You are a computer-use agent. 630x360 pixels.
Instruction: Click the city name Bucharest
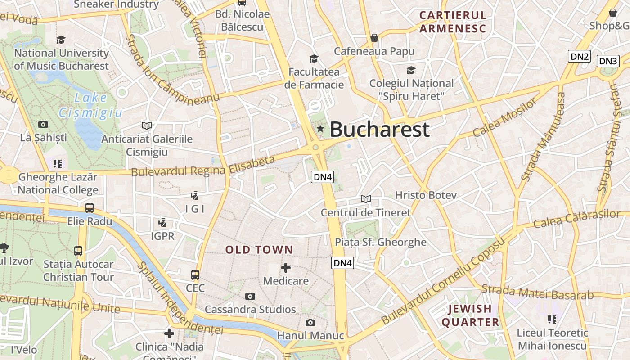click(379, 130)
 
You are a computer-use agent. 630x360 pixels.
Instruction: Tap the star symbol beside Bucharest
click(320, 129)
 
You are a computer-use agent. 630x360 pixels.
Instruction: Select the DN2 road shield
click(579, 56)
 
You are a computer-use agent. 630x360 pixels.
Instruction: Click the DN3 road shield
click(608, 61)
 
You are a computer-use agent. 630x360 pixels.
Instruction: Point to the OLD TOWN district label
click(259, 250)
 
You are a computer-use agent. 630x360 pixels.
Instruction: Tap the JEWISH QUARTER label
click(470, 315)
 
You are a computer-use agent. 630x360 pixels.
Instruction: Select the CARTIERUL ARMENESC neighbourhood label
click(453, 22)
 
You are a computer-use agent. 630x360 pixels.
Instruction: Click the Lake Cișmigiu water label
click(90, 105)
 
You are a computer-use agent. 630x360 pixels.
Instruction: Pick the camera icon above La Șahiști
click(43, 124)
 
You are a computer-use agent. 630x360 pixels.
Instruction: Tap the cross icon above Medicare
click(285, 268)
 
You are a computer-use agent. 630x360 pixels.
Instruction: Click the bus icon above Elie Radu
click(90, 208)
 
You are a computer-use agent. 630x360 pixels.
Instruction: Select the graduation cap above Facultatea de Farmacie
click(314, 58)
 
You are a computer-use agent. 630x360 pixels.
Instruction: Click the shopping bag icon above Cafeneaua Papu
click(374, 38)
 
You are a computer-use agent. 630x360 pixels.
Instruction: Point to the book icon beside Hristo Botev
click(366, 198)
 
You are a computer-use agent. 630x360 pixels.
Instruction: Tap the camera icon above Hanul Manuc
click(310, 322)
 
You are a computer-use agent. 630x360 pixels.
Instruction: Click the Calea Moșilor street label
click(505, 117)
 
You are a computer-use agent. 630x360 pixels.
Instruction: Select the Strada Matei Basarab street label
click(537, 292)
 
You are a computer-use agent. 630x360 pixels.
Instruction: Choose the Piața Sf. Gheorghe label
click(380, 242)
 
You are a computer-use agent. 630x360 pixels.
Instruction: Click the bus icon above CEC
click(195, 274)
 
